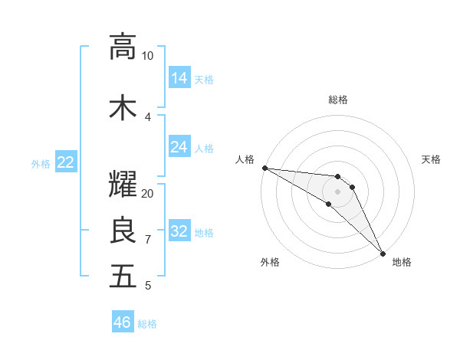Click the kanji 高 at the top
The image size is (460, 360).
coord(123,47)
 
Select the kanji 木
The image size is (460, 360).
coord(123,108)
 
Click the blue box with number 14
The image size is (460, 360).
coord(179,78)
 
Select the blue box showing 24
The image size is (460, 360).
coord(179,147)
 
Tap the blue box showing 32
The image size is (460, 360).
coord(179,232)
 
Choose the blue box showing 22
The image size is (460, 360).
coord(66,162)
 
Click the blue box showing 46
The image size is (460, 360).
coord(123,322)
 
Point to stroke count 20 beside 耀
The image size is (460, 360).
coord(148,193)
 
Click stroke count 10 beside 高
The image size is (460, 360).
coord(148,55)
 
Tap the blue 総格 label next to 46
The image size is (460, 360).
coord(147,324)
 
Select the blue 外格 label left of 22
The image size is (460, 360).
coord(41,163)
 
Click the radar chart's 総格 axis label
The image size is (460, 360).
coord(337,100)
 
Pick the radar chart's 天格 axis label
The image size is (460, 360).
coord(431,159)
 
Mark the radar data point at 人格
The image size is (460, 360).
coord(264,168)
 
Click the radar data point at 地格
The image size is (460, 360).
coord(383,253)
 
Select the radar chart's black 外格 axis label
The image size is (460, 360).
coord(270,262)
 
